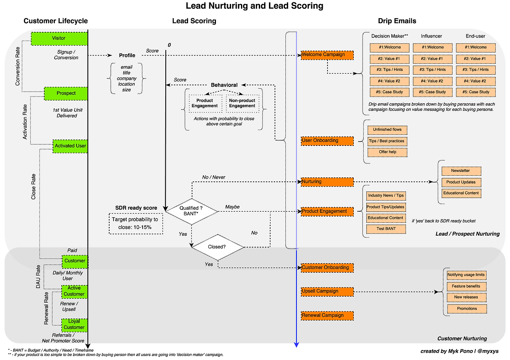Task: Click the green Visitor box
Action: click(59, 38)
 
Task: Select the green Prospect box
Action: click(66, 93)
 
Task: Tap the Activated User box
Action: click(70, 146)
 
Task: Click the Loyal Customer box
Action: click(74, 324)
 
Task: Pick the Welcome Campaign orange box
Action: click(327, 55)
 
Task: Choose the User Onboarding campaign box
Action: click(327, 141)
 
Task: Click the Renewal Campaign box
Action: click(327, 315)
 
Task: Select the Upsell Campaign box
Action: click(327, 291)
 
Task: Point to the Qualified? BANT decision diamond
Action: click(192, 211)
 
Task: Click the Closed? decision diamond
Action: click(217, 247)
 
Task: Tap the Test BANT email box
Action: click(386, 229)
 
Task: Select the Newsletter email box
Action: click(461, 171)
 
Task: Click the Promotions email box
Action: click(467, 309)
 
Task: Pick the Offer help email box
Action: click(387, 152)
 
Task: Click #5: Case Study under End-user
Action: click(476, 92)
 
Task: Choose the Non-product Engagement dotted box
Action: click(242, 103)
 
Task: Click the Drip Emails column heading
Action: click(397, 21)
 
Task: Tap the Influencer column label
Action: click(431, 36)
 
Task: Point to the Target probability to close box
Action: click(135, 223)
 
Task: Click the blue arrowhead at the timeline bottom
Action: click(296, 344)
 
